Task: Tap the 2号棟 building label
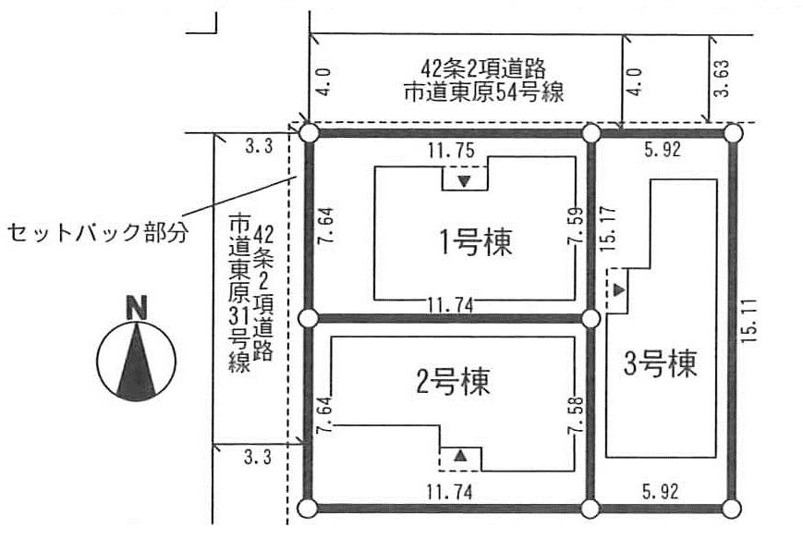coord(452,379)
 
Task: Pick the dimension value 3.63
coord(724,80)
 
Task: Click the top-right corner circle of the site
coord(733,134)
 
